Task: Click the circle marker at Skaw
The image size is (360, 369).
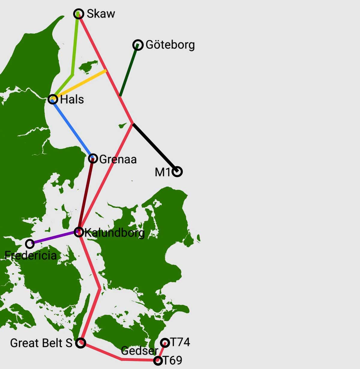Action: tap(79, 14)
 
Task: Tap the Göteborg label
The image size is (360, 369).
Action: tap(170, 45)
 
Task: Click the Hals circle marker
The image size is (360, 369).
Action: tap(53, 99)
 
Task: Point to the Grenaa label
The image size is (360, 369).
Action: tap(118, 159)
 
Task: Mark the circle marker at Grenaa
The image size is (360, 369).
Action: tap(93, 158)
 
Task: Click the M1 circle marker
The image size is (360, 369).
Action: tap(178, 171)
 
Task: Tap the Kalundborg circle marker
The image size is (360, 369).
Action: tap(79, 232)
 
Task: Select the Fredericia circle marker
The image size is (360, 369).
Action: tap(29, 243)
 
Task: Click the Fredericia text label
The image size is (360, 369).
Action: tap(31, 256)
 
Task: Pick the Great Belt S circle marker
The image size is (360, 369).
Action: tap(80, 343)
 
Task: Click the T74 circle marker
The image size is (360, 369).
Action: tap(165, 343)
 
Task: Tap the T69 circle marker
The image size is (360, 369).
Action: tap(158, 360)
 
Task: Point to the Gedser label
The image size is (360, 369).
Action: tap(139, 350)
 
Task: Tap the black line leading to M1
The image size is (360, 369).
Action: tap(154, 147)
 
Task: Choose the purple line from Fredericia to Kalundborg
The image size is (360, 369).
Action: tap(54, 238)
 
